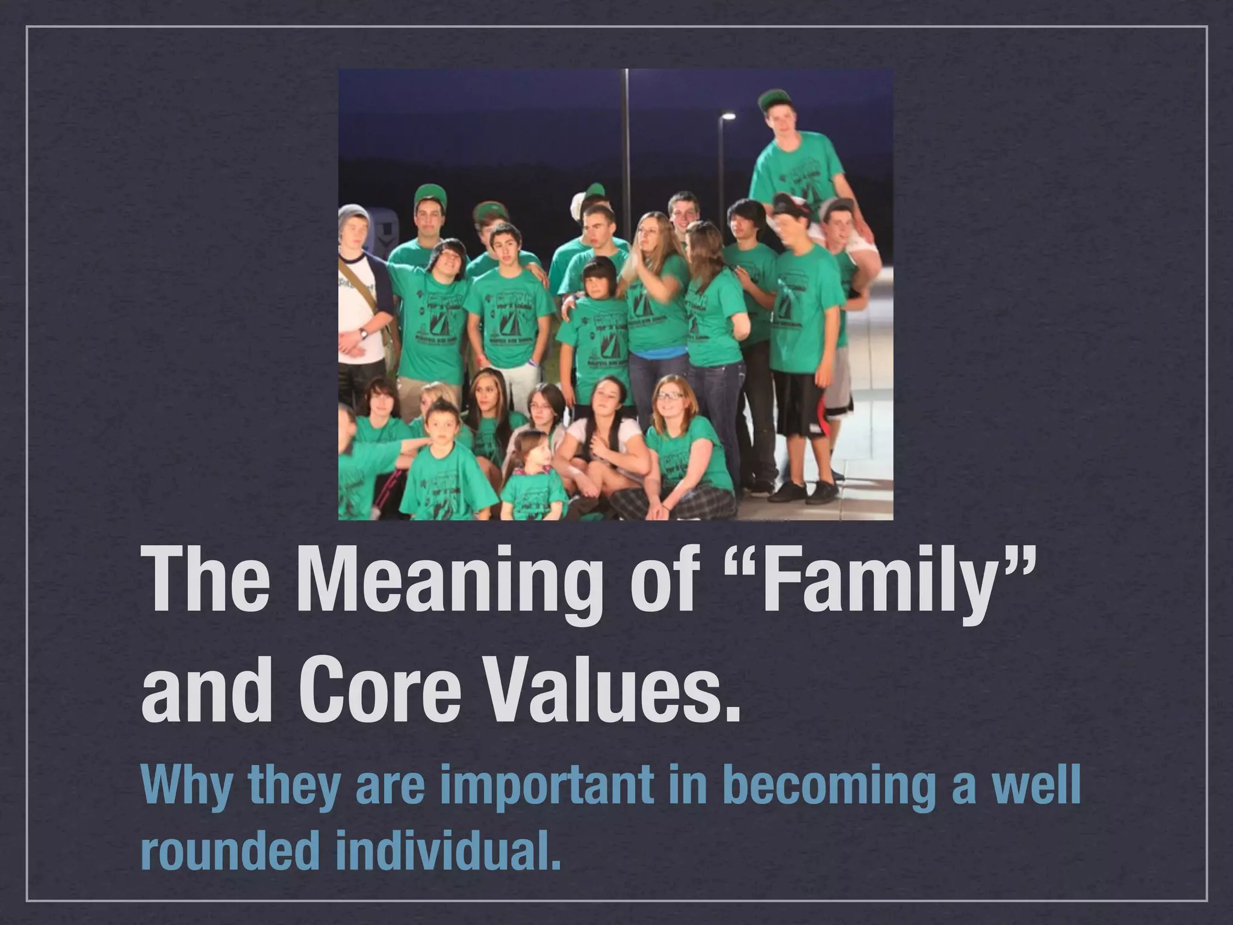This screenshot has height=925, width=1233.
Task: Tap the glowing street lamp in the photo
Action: [x=728, y=116]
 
